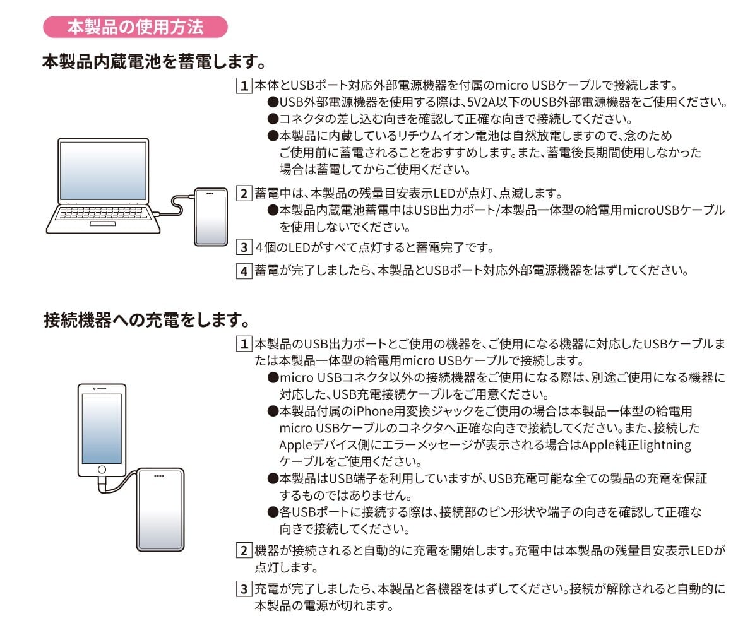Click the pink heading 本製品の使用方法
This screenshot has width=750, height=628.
[135, 27]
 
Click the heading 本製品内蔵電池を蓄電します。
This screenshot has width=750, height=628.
[154, 61]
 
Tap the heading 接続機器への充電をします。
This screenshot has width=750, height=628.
[147, 319]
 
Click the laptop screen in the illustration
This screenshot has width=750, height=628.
[104, 170]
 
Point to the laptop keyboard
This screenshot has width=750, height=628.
[101, 213]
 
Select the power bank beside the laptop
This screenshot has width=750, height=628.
[211, 216]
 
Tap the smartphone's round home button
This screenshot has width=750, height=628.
[102, 470]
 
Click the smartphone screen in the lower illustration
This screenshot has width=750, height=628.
[102, 428]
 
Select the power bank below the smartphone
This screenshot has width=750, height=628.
[160, 510]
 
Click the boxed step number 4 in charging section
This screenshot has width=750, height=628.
[244, 271]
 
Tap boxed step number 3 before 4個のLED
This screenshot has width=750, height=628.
[244, 247]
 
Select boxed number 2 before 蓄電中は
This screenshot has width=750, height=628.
[244, 194]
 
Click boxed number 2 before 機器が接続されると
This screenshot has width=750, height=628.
[244, 550]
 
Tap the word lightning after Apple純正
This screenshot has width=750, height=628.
[665, 446]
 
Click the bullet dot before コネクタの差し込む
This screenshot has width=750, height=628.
[273, 119]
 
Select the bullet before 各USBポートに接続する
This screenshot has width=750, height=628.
[273, 512]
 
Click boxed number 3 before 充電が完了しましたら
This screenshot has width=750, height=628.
[244, 589]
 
